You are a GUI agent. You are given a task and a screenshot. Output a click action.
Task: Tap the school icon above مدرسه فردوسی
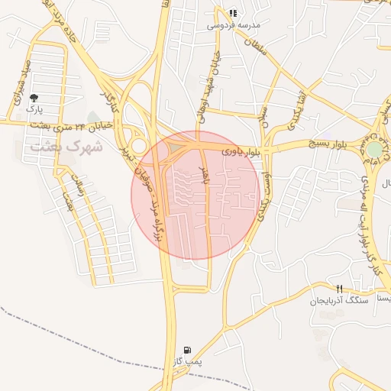click(x=232, y=13)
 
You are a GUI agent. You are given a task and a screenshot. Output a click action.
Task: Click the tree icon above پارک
click(x=34, y=98)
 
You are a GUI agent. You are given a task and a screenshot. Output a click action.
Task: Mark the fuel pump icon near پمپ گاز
click(x=188, y=348)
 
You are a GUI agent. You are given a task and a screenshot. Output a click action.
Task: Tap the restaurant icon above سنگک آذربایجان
click(x=339, y=288)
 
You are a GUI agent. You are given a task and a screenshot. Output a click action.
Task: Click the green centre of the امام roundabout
click(x=374, y=149)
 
